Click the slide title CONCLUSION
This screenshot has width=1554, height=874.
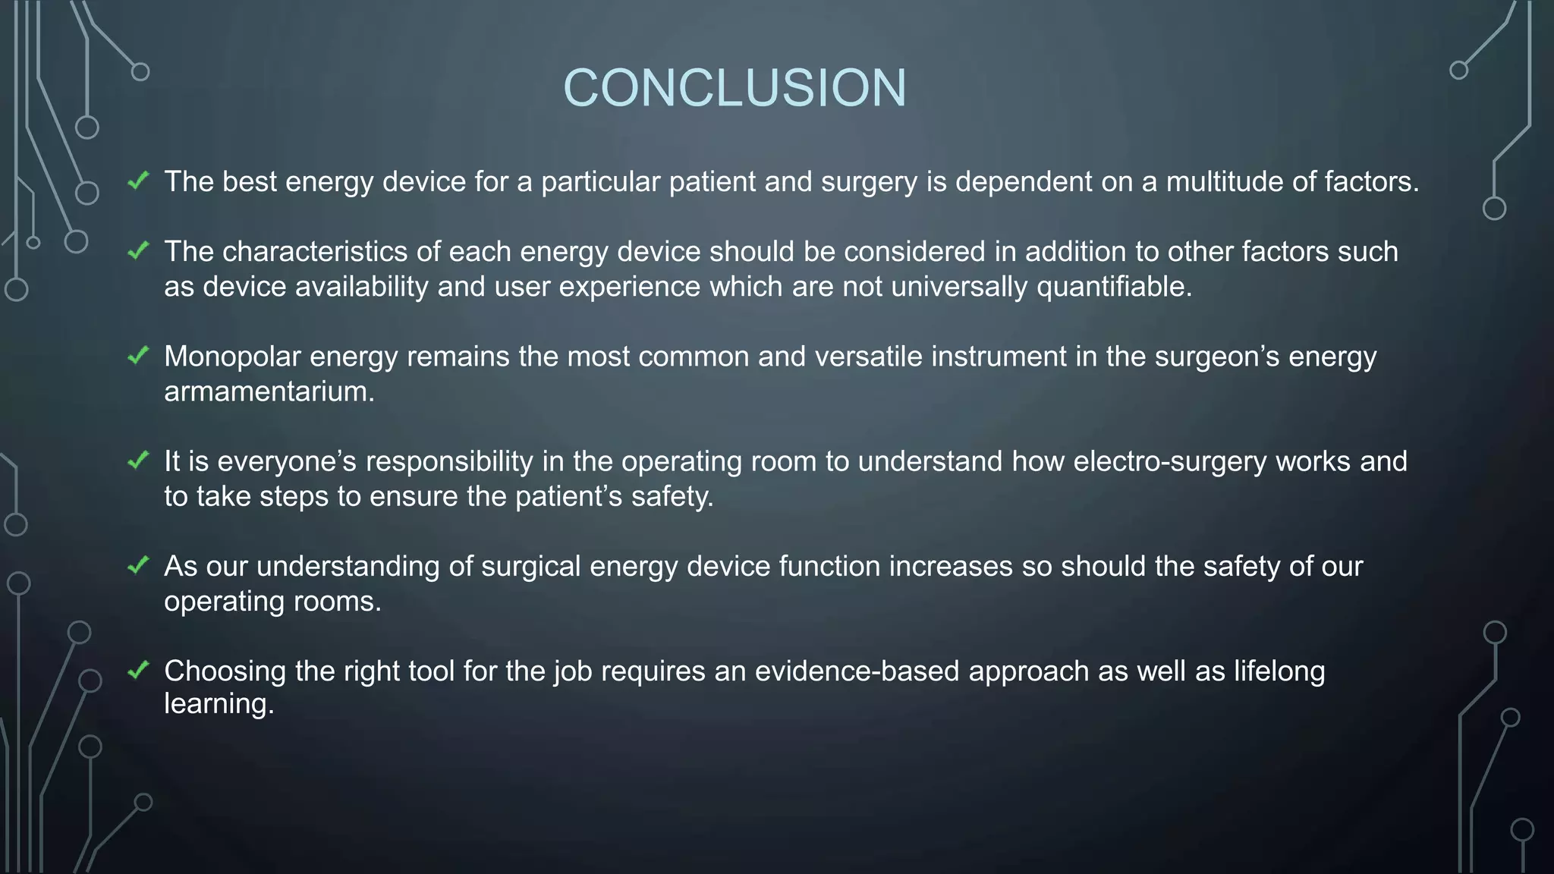(735, 87)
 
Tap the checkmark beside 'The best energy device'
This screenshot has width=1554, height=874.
(138, 181)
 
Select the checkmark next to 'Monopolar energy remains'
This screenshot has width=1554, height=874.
(138, 355)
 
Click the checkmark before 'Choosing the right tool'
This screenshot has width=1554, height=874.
(138, 670)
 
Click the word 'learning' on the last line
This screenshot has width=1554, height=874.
(219, 704)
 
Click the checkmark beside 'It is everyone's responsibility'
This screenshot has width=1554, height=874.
(138, 460)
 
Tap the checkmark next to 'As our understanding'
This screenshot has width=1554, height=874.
(138, 565)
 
